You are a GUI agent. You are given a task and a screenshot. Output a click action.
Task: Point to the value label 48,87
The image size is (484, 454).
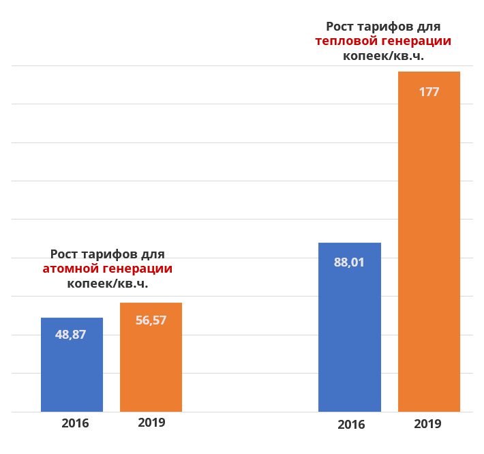click(x=71, y=335)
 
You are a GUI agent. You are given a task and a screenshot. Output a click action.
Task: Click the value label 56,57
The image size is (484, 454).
click(x=151, y=320)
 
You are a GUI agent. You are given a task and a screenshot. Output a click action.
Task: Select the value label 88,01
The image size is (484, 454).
click(x=349, y=262)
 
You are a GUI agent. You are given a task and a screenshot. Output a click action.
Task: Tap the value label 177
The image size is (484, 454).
click(x=429, y=91)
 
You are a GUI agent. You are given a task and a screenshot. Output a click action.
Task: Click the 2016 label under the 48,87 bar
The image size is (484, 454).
click(x=75, y=423)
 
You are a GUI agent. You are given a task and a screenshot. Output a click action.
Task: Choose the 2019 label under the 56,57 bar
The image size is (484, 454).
click(x=151, y=422)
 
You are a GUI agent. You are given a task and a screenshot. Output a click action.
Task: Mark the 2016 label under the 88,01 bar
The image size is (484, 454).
click(x=351, y=424)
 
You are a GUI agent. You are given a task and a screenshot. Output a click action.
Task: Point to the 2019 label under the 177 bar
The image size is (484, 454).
click(x=427, y=423)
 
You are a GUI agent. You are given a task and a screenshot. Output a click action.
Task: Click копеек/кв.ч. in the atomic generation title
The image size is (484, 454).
click(x=108, y=284)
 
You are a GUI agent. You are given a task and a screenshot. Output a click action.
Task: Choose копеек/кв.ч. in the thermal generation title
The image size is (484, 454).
click(x=383, y=56)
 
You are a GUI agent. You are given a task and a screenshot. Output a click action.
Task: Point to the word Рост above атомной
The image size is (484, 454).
click(x=65, y=254)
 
